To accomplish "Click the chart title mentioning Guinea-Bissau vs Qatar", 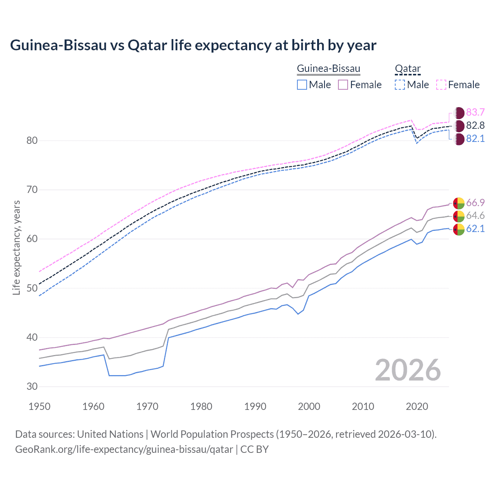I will pyautogui.click(x=193, y=45).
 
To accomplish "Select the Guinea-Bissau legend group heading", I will pyautogui.click(x=328, y=69).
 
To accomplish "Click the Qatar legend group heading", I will pyautogui.click(x=408, y=69).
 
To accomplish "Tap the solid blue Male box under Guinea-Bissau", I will pyautogui.click(x=302, y=85).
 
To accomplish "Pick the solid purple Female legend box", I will pyautogui.click(x=343, y=85).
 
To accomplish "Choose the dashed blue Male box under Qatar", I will pyautogui.click(x=400, y=85).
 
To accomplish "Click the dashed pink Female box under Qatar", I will pyautogui.click(x=441, y=85).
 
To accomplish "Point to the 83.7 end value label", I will pyautogui.click(x=475, y=113).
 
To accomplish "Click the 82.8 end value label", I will pyautogui.click(x=475, y=126).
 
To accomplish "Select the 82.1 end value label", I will pyautogui.click(x=475, y=139).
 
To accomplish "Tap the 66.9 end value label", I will pyautogui.click(x=475, y=203).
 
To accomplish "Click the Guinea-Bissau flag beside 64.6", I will pyautogui.click(x=459, y=216).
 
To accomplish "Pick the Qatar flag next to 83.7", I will pyautogui.click(x=459, y=113).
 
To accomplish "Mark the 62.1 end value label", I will pyautogui.click(x=475, y=229).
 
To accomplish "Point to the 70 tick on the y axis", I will pyautogui.click(x=32, y=190).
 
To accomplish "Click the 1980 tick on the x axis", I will pyautogui.click(x=201, y=406).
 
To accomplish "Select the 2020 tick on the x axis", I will pyautogui.click(x=417, y=406).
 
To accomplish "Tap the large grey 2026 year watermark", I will pyautogui.click(x=408, y=370).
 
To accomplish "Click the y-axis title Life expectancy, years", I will pyautogui.click(x=17, y=247).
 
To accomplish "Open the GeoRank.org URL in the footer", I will pyautogui.click(x=124, y=449).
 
